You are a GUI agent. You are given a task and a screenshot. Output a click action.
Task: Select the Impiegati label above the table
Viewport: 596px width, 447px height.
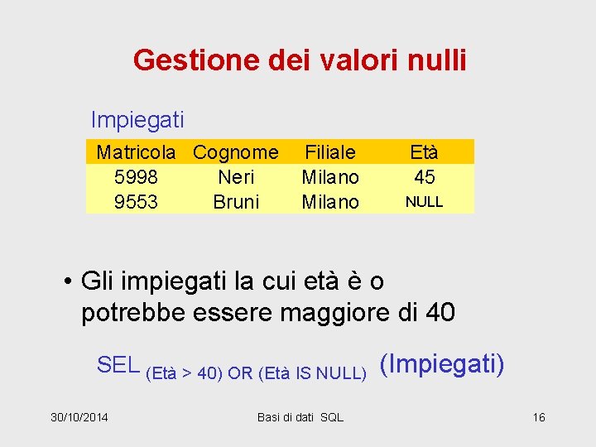coord(137,120)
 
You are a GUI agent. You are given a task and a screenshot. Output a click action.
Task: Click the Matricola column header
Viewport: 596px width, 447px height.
coord(136,152)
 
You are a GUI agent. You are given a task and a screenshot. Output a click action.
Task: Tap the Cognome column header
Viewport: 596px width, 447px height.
coord(236,152)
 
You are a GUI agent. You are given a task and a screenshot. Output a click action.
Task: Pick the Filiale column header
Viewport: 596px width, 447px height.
coord(330,152)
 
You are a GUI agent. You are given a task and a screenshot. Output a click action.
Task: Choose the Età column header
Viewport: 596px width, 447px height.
coord(424,152)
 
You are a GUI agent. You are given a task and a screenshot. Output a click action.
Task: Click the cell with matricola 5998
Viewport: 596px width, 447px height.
coord(136,177)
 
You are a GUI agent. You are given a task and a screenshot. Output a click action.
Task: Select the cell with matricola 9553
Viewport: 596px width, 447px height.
coord(136,202)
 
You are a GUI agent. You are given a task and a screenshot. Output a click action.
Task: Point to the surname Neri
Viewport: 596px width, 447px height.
coord(236,177)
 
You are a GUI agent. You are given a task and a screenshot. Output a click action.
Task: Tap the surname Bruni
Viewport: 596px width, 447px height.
coord(236,202)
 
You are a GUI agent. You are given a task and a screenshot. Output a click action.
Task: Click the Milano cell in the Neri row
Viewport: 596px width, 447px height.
coord(330,177)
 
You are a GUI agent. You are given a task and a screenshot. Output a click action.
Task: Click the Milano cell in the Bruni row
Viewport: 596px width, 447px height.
coord(330,202)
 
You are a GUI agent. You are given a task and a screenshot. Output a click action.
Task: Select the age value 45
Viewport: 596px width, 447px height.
coord(424,177)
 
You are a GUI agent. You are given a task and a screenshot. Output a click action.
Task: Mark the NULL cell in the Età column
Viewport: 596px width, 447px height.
coord(424,202)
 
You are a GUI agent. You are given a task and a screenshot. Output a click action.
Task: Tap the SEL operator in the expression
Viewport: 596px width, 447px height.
coord(118,364)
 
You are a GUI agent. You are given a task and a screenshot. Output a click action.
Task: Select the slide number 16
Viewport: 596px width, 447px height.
coord(539,417)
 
